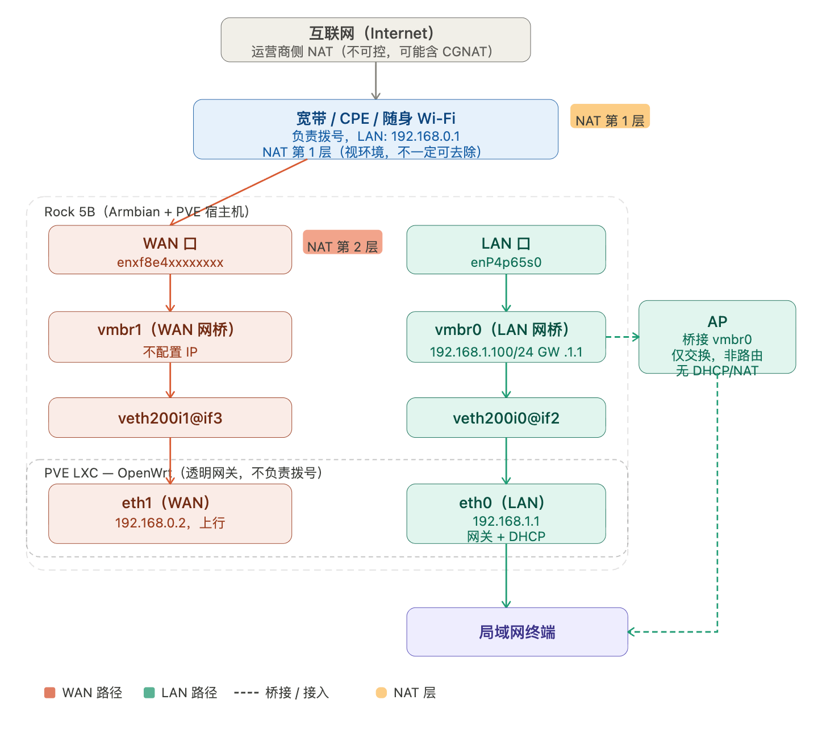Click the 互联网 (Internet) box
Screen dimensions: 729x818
click(x=375, y=40)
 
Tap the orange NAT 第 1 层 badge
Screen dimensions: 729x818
click(x=610, y=117)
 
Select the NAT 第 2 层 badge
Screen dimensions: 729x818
click(x=343, y=242)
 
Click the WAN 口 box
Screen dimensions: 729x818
click(x=170, y=250)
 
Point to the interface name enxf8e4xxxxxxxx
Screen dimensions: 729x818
click(x=170, y=262)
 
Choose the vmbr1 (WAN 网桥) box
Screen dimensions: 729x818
click(x=170, y=337)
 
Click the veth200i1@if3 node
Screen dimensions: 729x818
click(x=170, y=418)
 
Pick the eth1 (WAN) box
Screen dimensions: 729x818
click(x=170, y=513)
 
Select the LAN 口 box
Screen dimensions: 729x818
click(x=506, y=250)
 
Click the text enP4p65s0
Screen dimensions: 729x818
click(x=506, y=262)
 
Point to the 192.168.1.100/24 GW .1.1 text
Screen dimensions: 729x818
click(x=506, y=352)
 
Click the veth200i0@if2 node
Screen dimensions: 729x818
click(x=506, y=418)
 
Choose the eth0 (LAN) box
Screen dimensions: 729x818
click(x=506, y=513)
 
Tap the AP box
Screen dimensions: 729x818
click(x=717, y=337)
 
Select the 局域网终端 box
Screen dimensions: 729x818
click(x=517, y=632)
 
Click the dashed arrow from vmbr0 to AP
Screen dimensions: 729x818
click(x=622, y=337)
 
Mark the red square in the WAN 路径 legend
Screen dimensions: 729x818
click(x=50, y=693)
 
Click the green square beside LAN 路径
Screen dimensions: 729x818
click(x=149, y=693)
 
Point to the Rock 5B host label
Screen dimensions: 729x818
click(x=147, y=212)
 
